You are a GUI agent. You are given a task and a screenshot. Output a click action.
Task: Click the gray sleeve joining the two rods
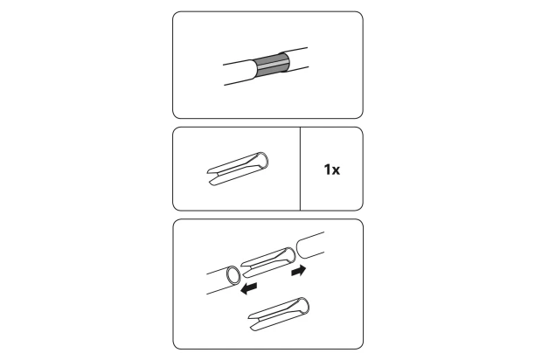(271, 65)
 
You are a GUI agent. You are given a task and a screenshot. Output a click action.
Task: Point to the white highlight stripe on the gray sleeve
(272, 65)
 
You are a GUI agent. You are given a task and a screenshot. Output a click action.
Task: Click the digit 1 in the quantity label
(327, 170)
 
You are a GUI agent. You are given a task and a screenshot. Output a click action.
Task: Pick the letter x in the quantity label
(336, 170)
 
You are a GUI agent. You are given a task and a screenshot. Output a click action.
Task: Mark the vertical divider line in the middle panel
(300, 169)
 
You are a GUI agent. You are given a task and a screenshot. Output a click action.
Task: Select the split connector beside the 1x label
(238, 169)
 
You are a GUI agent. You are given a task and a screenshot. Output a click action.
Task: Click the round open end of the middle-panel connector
(262, 160)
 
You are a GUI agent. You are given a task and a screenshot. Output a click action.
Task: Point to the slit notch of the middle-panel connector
(213, 175)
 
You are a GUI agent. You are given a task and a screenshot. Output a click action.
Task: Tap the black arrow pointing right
(299, 271)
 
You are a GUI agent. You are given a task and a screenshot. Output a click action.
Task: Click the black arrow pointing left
(248, 288)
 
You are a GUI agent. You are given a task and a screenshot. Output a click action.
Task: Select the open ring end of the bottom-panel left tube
(233, 275)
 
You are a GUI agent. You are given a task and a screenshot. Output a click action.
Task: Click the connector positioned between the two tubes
(268, 262)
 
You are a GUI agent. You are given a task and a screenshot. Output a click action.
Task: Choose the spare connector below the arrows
(279, 314)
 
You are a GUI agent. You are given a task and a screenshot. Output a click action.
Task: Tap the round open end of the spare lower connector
(303, 306)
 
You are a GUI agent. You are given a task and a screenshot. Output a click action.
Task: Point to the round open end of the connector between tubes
(289, 255)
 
